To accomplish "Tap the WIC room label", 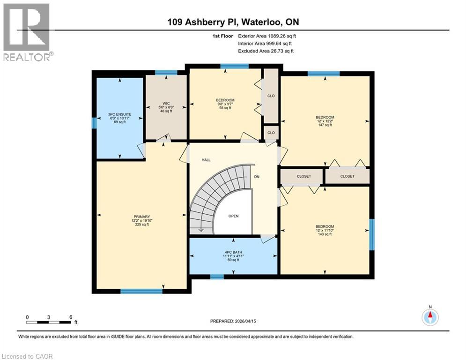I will (x=166, y=104).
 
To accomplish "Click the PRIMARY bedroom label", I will (x=141, y=217).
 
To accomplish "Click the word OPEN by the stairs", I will (x=233, y=216).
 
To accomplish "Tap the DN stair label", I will (x=256, y=177).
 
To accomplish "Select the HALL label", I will (x=206, y=160).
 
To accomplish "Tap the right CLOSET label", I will (x=347, y=176).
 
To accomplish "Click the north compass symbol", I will (x=429, y=317).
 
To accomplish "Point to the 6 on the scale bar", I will (x=71, y=317).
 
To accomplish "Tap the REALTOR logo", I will (x=27, y=32).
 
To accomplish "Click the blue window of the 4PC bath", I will (x=217, y=277).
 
